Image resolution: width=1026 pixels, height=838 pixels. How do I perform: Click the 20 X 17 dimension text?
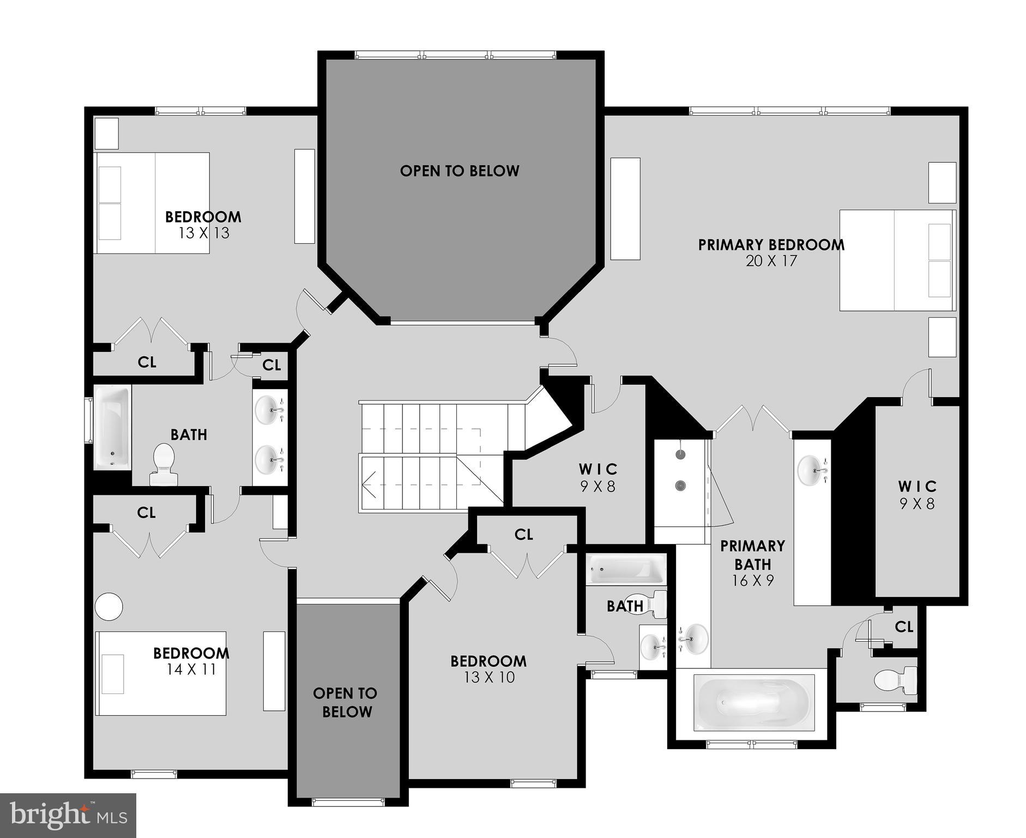coord(771,261)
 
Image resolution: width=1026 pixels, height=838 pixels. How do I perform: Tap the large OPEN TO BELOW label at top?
coord(460,171)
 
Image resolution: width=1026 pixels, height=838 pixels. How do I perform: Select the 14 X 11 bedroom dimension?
coord(191,669)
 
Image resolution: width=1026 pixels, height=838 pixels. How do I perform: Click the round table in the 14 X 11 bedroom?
coord(108,606)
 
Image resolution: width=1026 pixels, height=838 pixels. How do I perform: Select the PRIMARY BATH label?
coord(752,555)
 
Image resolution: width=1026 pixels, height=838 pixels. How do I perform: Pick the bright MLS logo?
coord(68,816)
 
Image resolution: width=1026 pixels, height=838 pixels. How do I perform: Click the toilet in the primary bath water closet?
coord(896,680)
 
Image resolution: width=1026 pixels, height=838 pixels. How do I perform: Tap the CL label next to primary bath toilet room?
coord(903,627)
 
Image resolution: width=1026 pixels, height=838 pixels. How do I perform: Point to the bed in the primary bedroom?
coord(896,260)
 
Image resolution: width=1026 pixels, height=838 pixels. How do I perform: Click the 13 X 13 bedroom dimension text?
coord(203,234)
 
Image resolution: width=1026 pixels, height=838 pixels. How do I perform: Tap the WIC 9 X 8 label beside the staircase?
coord(598,478)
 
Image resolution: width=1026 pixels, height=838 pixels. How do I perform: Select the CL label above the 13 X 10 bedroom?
coord(523,535)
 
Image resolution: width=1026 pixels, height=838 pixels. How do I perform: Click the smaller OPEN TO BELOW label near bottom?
coord(346,702)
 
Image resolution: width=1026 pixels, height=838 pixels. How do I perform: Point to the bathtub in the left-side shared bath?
coord(112,427)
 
